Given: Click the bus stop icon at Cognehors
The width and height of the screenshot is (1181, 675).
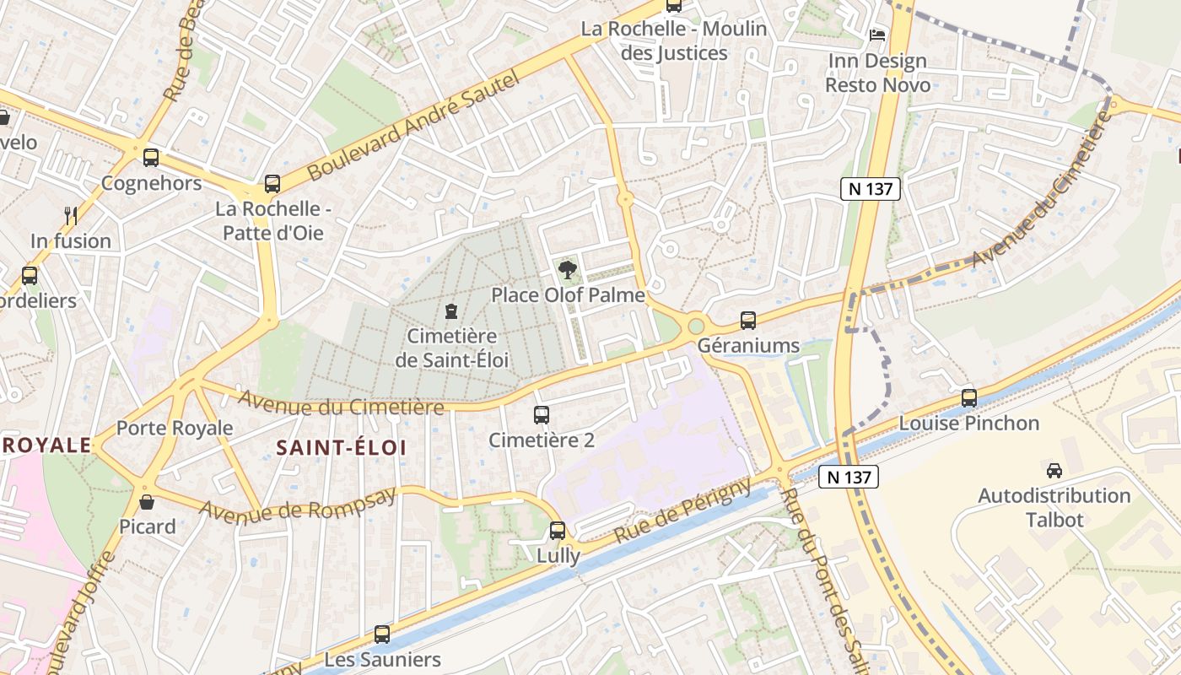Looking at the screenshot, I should click(151, 157).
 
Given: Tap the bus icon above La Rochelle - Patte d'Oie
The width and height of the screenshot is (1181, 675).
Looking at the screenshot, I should click(272, 183).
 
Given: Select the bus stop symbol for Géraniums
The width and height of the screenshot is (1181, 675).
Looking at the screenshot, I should click(748, 320).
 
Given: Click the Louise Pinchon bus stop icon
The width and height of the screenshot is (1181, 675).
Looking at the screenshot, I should click(969, 397).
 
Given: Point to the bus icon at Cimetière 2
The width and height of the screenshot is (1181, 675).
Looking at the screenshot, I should click(542, 415).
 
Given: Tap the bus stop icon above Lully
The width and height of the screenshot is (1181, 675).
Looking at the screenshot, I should click(558, 531).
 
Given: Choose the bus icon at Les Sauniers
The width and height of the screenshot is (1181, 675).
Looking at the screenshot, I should click(382, 634).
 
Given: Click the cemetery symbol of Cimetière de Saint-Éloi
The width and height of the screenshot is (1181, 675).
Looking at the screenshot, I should click(451, 311).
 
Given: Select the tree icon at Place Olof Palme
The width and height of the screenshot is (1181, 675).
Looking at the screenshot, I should click(568, 270).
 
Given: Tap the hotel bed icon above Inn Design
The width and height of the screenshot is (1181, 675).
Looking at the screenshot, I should click(877, 35).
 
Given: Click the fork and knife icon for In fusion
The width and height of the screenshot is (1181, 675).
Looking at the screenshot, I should click(71, 216).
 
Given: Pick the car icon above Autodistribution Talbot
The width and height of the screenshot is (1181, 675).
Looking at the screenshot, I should click(1054, 470).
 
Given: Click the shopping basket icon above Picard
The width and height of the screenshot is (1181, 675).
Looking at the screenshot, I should click(148, 503).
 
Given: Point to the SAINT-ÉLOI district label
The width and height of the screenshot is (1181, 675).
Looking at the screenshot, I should click(341, 447).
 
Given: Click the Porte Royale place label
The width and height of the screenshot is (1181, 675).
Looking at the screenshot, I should click(174, 428).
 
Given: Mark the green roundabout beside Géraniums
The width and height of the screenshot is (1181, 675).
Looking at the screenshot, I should click(696, 326).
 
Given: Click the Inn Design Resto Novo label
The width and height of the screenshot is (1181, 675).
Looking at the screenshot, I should click(877, 73).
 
